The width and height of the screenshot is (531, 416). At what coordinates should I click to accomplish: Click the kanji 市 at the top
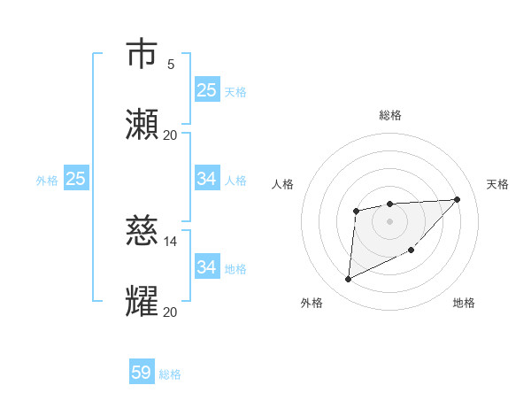point(142,54)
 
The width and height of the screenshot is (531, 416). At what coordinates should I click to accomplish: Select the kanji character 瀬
point(142,125)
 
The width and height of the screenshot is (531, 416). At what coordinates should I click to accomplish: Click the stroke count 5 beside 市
point(171,65)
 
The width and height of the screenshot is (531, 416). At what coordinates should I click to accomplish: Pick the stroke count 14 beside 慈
point(171,241)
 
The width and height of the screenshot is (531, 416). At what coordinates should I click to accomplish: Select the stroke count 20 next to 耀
point(170,312)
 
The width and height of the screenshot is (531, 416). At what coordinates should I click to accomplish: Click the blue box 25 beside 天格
point(207,90)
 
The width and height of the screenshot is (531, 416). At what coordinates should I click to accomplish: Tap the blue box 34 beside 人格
point(207,179)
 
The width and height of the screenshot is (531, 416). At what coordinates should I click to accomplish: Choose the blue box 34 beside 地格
point(207,267)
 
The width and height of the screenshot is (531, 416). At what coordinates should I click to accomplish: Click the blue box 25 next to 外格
point(76,179)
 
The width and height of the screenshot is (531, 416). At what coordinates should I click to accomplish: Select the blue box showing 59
point(142,373)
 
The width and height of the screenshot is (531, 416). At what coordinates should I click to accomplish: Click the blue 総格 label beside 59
point(171,374)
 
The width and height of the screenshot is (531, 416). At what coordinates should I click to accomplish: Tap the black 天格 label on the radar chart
point(497,184)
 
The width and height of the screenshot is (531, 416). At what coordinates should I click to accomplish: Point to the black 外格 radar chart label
point(312,303)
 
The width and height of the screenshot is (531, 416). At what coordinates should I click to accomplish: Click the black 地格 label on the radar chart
point(464,303)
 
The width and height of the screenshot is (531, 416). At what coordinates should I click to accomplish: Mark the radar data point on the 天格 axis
point(457,199)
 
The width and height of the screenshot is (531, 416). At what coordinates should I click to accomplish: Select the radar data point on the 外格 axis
point(348,280)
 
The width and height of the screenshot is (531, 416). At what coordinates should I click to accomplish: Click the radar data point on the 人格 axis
point(356,211)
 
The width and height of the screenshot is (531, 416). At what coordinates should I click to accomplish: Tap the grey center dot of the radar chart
point(389,220)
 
